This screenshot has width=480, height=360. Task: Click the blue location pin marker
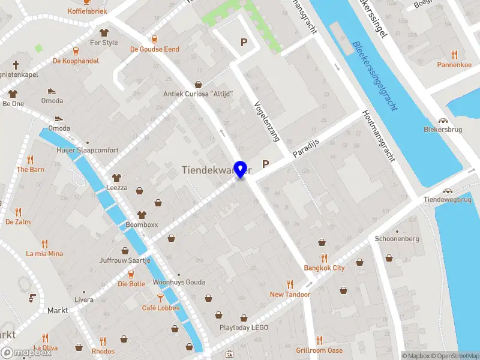point(241,170)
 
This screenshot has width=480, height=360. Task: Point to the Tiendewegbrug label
point(448,199)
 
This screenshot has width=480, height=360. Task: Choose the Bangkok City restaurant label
point(324,268)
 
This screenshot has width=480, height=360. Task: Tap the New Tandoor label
point(290,294)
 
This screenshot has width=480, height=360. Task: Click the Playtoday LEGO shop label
point(244,328)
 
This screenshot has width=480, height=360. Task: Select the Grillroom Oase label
point(319,350)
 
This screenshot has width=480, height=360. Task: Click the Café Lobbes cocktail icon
point(160,298)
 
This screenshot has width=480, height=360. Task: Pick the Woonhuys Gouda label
point(179,282)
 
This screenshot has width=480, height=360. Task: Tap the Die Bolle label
point(131,283)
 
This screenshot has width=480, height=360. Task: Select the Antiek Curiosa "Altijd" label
point(198,94)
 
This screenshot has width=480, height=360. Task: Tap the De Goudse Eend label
point(155,49)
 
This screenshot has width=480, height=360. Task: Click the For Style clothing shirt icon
point(104,32)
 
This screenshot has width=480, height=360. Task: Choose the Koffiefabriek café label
point(88,11)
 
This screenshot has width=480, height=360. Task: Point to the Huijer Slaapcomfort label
point(88,150)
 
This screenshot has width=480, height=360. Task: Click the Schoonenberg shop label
point(397,238)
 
